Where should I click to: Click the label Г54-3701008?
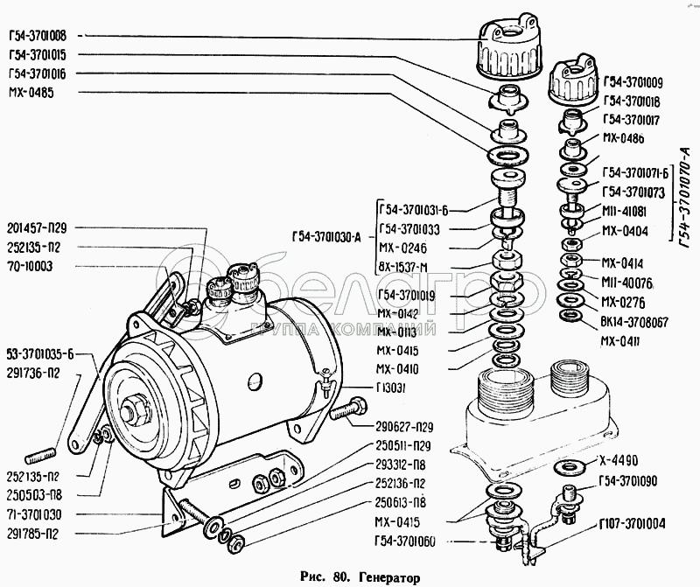[41, 37]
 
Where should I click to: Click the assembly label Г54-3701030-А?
[323, 235]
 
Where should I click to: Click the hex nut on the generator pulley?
[137, 410]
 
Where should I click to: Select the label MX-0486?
[623, 138]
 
